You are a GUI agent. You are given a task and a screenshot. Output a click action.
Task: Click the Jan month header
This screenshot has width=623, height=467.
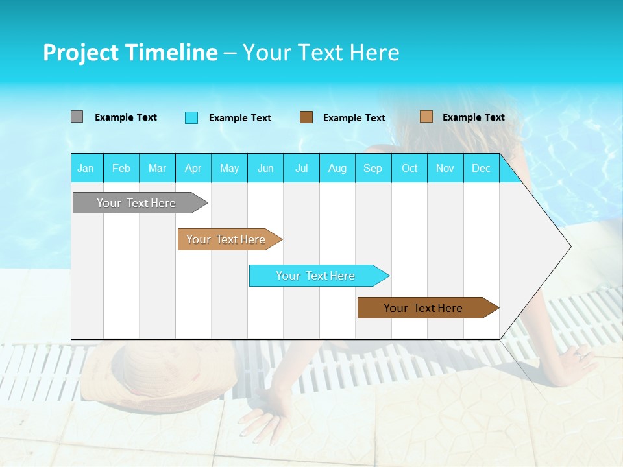point(86,168)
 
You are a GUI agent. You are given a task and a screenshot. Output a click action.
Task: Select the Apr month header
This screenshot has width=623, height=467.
point(193,168)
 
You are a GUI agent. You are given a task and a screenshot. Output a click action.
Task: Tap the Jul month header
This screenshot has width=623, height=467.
point(301,168)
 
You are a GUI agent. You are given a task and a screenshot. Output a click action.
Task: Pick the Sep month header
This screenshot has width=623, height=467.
point(373,168)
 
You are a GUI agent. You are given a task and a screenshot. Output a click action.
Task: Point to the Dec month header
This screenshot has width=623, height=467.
point(481,168)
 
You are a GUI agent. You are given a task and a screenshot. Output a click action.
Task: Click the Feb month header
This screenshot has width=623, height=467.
point(121,168)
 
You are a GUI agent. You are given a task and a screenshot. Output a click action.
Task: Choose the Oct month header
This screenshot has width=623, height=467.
point(409,168)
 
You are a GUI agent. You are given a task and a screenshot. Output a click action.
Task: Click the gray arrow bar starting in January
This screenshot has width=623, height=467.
point(136,203)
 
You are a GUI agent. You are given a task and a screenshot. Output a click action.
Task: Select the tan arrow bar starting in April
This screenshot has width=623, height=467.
point(226,239)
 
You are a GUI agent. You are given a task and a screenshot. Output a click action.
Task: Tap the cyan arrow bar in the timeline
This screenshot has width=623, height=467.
point(316,276)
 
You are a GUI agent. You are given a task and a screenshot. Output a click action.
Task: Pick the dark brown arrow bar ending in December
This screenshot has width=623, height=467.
point(424,308)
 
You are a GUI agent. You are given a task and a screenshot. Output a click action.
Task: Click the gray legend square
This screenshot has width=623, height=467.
point(77,117)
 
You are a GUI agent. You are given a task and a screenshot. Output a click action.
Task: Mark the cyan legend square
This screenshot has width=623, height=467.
point(191,117)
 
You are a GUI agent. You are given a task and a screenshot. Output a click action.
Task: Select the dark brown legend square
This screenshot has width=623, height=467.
point(306,117)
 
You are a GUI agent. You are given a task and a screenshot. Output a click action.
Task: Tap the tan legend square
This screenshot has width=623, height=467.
point(426,117)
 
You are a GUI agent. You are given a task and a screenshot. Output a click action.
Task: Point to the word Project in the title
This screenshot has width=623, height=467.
point(80,53)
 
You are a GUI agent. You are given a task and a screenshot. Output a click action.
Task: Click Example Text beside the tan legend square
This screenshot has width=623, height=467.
point(473,117)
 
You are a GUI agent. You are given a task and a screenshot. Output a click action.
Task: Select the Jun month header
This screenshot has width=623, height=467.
point(265,168)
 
